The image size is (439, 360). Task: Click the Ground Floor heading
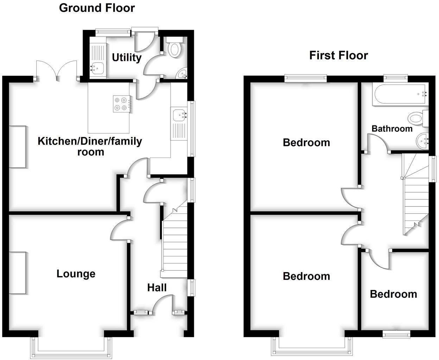coord(97,8)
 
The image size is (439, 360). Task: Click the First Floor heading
coord(338,55)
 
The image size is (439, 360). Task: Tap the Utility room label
coord(127,57)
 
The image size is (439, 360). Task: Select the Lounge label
coord(76,274)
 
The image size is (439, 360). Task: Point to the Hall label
coord(157,288)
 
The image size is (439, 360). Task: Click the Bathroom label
coord(392,129)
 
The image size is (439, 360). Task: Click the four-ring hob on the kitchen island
coord(121,104)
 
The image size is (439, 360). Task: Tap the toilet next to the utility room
coord(174,48)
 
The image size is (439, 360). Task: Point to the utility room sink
coord(97,67)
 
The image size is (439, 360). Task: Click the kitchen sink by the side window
coord(179,115)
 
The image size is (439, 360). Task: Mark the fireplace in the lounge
coord(18,273)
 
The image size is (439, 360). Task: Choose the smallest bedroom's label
coord(393,294)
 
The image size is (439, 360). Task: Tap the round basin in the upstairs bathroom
coord(421,142)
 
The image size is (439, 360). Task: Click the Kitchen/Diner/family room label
coord(90,146)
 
